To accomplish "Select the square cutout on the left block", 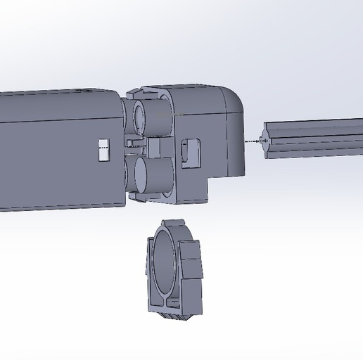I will (104, 150).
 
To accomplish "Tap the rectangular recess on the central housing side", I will (191, 153).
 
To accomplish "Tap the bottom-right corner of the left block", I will (124, 205).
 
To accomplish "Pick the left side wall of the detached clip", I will (151, 271).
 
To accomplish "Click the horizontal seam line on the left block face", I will (56, 120).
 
